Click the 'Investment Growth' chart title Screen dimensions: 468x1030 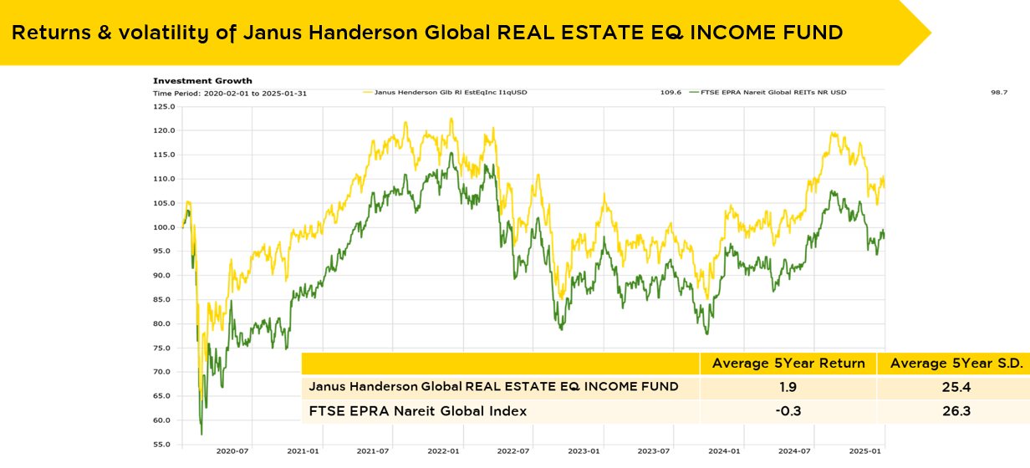coord(202,81)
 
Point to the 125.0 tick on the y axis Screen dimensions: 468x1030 coord(165,107)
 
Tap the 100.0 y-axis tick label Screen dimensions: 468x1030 coord(165,227)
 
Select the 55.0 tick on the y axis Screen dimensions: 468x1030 coord(165,445)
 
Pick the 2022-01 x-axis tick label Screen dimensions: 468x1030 coord(444,452)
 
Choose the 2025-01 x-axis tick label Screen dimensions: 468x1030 coord(865,452)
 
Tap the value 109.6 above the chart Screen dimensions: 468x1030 coord(671,93)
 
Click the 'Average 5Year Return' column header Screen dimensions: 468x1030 coord(788,364)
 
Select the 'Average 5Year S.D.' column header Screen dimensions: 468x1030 coord(953,364)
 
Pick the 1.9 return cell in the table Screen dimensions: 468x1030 coord(788,387)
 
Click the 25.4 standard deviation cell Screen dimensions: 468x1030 coord(953,387)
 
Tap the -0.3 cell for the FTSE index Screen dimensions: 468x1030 coord(788,411)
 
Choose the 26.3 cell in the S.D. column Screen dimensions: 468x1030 coord(953,411)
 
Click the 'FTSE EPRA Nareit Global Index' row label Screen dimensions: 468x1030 coord(418,411)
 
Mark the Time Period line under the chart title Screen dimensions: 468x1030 coord(230,93)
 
